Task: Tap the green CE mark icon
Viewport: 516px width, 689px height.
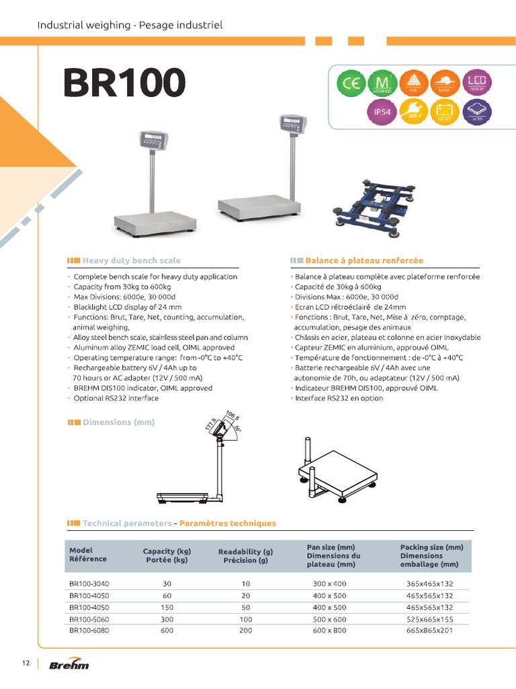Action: pos(350,84)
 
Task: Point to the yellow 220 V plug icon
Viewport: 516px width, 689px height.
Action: pos(414,112)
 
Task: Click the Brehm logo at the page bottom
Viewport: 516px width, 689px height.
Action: pos(69,665)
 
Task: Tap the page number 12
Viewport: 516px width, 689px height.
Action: pos(26,664)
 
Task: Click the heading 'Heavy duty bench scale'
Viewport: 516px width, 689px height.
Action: pos(131,260)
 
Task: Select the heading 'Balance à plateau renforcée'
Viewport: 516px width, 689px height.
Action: pos(363,260)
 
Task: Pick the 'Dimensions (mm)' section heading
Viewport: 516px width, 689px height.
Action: pos(118,422)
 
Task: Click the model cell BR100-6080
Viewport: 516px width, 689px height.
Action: pos(89,630)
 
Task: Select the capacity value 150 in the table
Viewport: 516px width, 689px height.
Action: pos(167,607)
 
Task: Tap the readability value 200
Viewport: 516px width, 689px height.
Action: pos(245,630)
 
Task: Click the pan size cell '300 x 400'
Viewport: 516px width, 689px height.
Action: pos(330,583)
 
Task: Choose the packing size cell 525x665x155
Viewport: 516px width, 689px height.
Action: pos(429,619)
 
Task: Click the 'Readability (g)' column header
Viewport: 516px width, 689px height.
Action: pos(245,556)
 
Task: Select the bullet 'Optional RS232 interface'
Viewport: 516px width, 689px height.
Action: pos(116,398)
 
